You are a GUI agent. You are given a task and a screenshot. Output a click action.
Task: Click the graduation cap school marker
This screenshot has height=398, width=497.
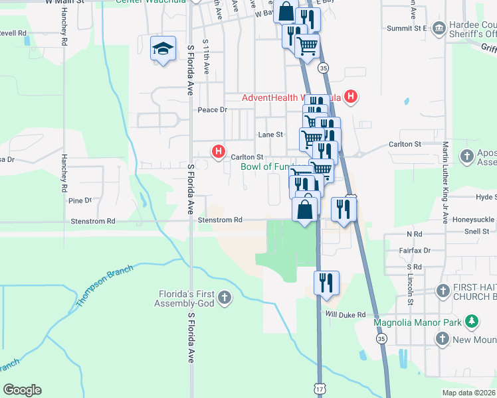[x=163, y=48]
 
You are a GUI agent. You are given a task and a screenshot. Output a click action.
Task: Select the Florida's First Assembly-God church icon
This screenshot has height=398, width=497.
[x=225, y=297]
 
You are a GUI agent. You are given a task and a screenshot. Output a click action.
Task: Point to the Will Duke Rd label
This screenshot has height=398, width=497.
[x=346, y=314]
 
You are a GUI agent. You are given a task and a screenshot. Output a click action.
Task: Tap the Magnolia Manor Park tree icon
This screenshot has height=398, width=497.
[x=472, y=322]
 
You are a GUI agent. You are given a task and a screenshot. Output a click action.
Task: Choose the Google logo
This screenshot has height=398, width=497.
[x=22, y=390]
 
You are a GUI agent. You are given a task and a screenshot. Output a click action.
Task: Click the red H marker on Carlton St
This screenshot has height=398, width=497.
[x=218, y=152]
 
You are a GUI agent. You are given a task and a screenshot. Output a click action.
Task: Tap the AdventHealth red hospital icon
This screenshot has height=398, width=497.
[x=351, y=98]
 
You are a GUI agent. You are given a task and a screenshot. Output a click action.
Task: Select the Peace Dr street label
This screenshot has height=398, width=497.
[x=213, y=109]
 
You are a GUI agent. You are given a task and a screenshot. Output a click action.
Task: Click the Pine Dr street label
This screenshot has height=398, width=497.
[x=79, y=200]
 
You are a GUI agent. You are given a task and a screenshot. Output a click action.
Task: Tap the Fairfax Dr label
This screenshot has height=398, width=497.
[x=418, y=251]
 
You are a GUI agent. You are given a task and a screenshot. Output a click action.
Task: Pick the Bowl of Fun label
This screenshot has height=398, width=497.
[x=266, y=167]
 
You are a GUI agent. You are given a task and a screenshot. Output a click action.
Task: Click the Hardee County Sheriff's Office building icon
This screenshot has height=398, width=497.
[x=439, y=29]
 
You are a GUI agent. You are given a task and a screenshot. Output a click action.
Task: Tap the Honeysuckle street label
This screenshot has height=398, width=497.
[x=474, y=219]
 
